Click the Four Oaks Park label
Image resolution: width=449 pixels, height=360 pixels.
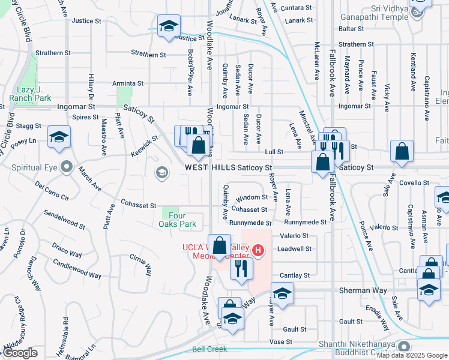[182, 220]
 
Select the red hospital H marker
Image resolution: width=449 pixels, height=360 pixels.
[258, 250]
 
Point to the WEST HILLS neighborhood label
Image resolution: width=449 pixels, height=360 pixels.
[209, 167]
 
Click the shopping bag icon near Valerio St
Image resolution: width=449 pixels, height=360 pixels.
[219, 244]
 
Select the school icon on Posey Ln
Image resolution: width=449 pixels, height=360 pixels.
[59, 138]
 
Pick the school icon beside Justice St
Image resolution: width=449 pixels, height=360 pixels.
[169, 26]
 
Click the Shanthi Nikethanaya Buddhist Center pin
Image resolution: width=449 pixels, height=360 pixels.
[403, 346]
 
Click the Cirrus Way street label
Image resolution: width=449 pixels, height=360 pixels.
[140, 265]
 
